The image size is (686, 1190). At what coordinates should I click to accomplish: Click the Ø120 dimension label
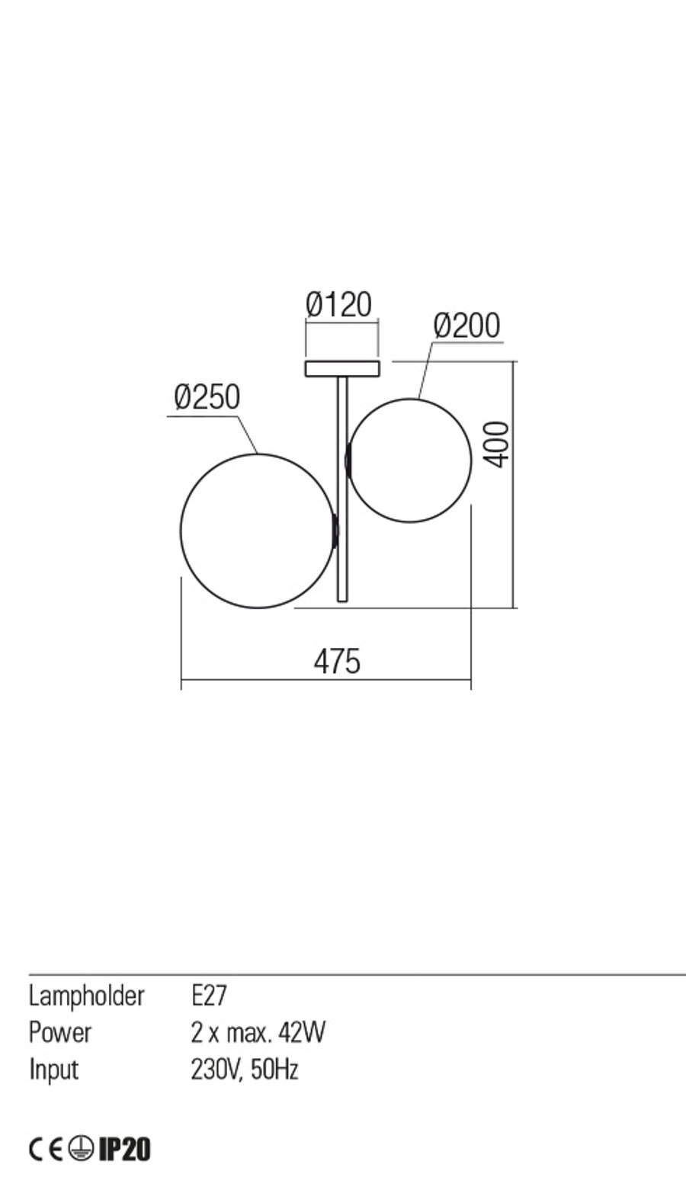pyautogui.click(x=338, y=305)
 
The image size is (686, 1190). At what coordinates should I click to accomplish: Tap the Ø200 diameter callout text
pyautogui.click(x=466, y=326)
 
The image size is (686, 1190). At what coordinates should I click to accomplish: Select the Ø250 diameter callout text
pyautogui.click(x=207, y=397)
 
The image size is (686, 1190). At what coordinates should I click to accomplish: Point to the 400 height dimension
pyautogui.click(x=498, y=444)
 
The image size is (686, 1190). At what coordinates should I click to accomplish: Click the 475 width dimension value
pyautogui.click(x=337, y=662)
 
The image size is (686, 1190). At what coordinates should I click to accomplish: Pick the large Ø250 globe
pyautogui.click(x=181, y=531)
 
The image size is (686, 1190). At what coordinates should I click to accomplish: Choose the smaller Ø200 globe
pyautogui.click(x=471, y=460)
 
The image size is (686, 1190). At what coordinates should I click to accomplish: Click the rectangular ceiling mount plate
pyautogui.click(x=342, y=368)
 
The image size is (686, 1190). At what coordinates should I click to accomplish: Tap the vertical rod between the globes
pyautogui.click(x=342, y=489)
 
